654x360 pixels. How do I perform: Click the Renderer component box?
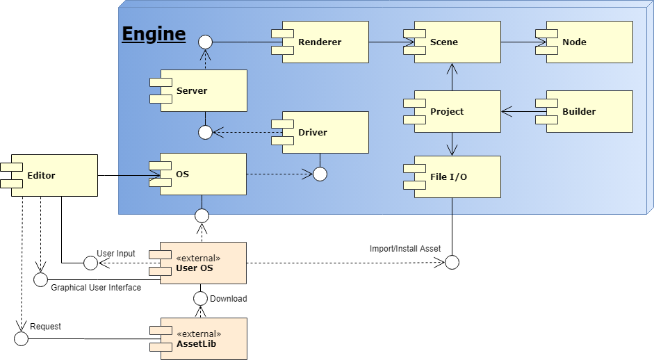[325, 42]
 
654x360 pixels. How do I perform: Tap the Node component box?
[589, 42]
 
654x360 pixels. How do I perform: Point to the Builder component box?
[589, 111]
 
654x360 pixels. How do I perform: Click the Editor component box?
[54, 175]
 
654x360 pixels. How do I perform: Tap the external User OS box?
[203, 263]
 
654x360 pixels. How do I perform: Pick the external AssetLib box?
[203, 338]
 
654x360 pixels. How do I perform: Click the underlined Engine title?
[154, 33]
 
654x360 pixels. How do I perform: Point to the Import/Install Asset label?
[405, 248]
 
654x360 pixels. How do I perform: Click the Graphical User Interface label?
[96, 287]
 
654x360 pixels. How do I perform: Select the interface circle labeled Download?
[201, 298]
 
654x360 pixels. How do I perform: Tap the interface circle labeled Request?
[21, 338]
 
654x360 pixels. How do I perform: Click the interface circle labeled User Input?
[90, 263]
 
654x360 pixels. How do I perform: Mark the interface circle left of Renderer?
[204, 42]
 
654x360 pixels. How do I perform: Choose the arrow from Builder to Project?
[518, 111]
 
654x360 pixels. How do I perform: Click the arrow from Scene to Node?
[523, 42]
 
